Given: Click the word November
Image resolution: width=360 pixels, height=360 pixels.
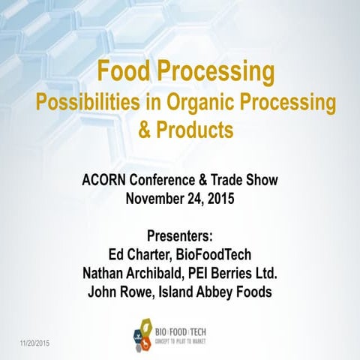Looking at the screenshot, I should (x=157, y=199).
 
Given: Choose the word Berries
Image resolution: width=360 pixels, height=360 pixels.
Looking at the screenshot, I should (x=247, y=270).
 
